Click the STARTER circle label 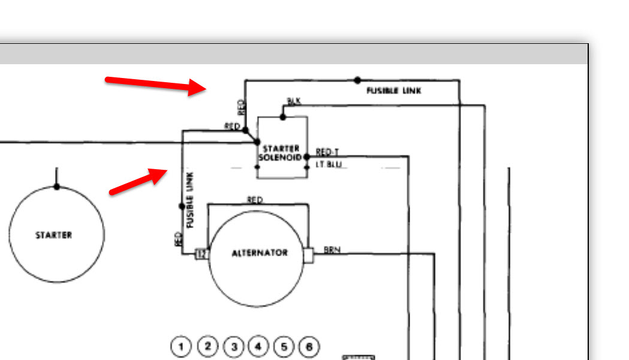(53, 235)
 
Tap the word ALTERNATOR (260, 253)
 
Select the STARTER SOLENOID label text (281, 152)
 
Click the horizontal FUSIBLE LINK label (394, 91)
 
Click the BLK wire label (294, 101)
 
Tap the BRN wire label (332, 250)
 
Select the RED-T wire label (327, 152)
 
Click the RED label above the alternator (255, 200)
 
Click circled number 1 (180, 346)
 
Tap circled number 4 (258, 346)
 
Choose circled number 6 (309, 346)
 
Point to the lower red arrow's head (162, 174)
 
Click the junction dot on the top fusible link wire (357, 80)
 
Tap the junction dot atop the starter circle (56, 187)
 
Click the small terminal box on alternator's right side (309, 255)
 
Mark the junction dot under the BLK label (283, 117)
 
